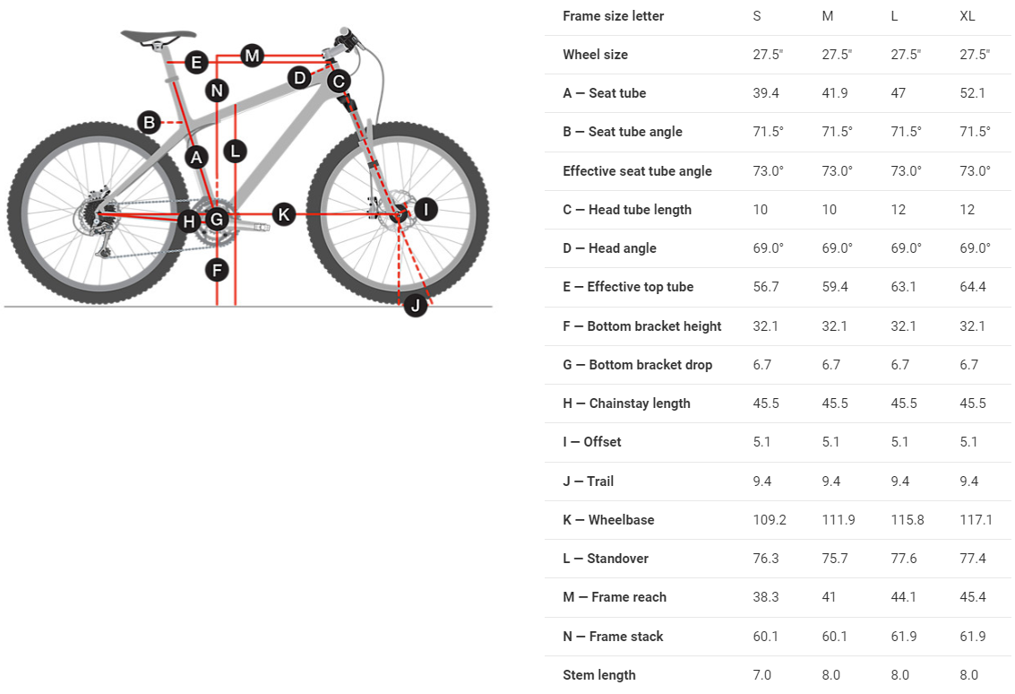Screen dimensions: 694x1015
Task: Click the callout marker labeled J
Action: click(x=415, y=306)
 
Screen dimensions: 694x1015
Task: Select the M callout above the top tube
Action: click(x=252, y=56)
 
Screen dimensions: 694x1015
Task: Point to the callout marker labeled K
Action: click(x=284, y=214)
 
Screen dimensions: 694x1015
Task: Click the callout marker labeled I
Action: click(x=426, y=210)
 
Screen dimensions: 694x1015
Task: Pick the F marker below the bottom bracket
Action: click(x=217, y=269)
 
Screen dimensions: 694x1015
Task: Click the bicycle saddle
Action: click(x=158, y=36)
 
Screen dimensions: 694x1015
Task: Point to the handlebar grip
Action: click(x=347, y=38)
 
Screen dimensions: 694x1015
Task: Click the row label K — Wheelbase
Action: click(x=608, y=520)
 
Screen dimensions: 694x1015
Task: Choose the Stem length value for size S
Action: click(x=761, y=675)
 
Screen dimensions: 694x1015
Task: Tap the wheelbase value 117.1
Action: click(x=975, y=520)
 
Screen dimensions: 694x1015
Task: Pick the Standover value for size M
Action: click(x=834, y=559)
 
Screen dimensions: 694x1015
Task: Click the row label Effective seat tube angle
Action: click(x=637, y=171)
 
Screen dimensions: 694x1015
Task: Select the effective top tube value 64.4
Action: click(x=973, y=287)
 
